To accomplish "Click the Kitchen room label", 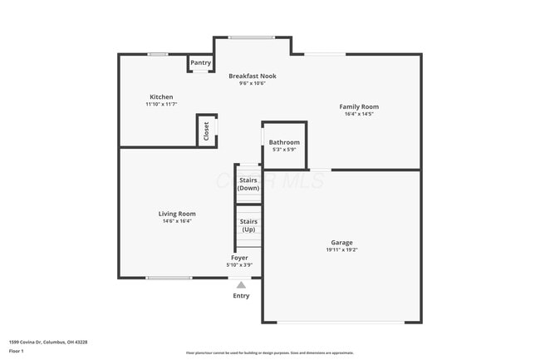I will tap(161, 96).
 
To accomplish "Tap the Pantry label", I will tap(200, 62).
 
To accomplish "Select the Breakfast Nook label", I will tap(253, 76).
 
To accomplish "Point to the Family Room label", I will tap(359, 106).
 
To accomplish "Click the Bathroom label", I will tap(284, 142).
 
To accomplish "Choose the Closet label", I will tap(207, 131).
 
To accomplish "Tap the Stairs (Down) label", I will tap(248, 184).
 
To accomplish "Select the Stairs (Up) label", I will tap(248, 225).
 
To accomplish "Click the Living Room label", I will tap(177, 214).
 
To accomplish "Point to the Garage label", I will tap(341, 242).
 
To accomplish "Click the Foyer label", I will tap(239, 258).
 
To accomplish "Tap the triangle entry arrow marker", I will tap(241, 285).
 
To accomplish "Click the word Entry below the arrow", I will tap(241, 296).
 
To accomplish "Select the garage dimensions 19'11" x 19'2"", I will tap(341, 249).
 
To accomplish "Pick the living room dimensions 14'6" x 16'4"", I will tap(177, 221).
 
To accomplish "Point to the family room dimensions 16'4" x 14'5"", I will tap(359, 114).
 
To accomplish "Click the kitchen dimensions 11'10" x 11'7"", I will tap(161, 104).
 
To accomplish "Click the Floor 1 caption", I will tap(17, 351).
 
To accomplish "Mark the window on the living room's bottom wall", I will tap(169, 278).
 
